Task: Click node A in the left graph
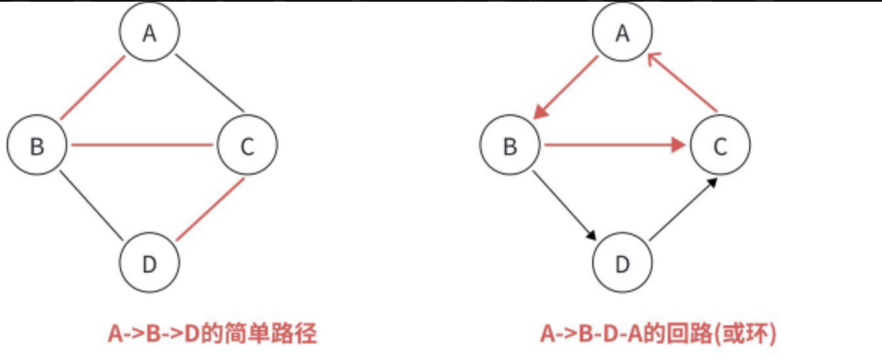150,32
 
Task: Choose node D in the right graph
623,264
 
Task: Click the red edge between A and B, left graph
92,88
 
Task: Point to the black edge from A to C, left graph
210,83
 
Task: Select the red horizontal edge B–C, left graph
142,145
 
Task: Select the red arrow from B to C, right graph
615,146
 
